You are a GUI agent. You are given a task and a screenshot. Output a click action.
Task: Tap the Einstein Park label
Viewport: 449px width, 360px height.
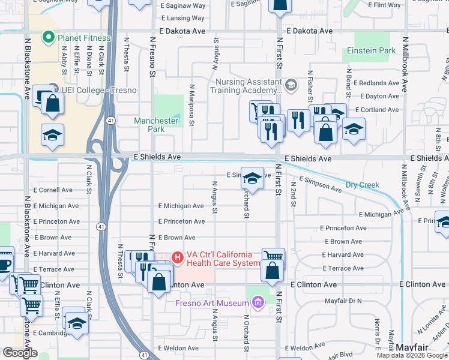[371, 51]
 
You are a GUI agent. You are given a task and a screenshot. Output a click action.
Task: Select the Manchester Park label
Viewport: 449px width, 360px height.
[156, 125]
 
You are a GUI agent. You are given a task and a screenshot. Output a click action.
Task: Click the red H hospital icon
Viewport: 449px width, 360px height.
[178, 257]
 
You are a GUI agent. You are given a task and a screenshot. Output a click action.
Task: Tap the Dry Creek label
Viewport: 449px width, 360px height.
[363, 185]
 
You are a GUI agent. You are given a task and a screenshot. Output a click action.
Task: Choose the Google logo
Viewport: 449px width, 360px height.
[20, 353]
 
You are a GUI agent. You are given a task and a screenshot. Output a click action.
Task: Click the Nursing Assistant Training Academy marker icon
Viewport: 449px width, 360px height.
[291, 85]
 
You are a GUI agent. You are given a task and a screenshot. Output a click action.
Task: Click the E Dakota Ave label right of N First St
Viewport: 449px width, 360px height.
[310, 31]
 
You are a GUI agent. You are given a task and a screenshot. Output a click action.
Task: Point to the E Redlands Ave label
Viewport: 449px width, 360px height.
[376, 83]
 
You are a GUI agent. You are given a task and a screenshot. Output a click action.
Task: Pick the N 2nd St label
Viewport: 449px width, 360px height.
[294, 196]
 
